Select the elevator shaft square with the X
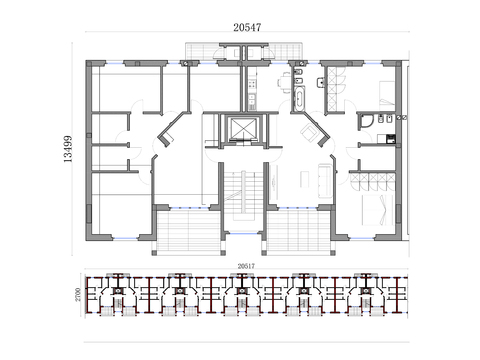[240, 130]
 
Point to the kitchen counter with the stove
[253, 88]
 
